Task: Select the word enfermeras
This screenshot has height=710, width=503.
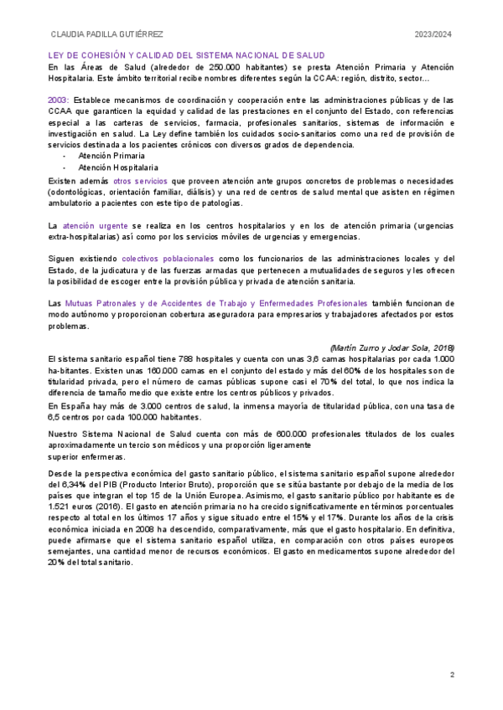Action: click(101, 458)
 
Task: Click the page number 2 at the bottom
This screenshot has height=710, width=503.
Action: click(452, 676)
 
